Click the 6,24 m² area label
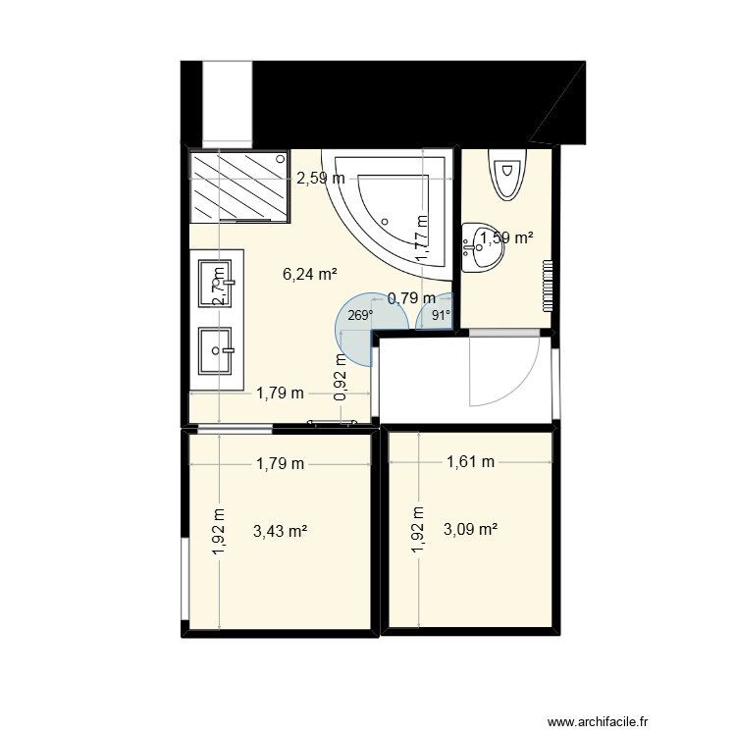tap(309, 275)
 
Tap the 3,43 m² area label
tap(280, 531)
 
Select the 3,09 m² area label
tap(470, 530)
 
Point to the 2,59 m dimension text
tap(321, 179)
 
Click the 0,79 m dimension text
tap(412, 298)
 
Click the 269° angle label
tap(360, 315)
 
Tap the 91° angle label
tap(440, 315)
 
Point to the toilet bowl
tap(507, 177)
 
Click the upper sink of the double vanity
tap(215, 283)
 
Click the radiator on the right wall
tap(548, 285)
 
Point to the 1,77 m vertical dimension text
tap(420, 238)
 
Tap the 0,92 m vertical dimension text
tap(341, 377)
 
